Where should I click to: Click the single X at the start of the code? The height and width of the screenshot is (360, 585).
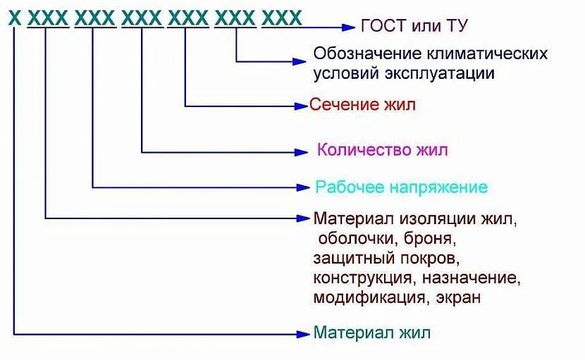[15, 18]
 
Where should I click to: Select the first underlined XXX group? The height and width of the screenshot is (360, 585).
[47, 18]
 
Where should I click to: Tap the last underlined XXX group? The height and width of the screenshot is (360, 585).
[281, 18]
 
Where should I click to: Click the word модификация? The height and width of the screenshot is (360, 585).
[369, 297]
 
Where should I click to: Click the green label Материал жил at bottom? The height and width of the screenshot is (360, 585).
[371, 333]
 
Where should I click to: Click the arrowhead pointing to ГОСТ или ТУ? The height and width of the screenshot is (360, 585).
[348, 27]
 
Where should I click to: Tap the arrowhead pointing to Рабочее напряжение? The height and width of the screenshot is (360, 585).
[304, 187]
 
